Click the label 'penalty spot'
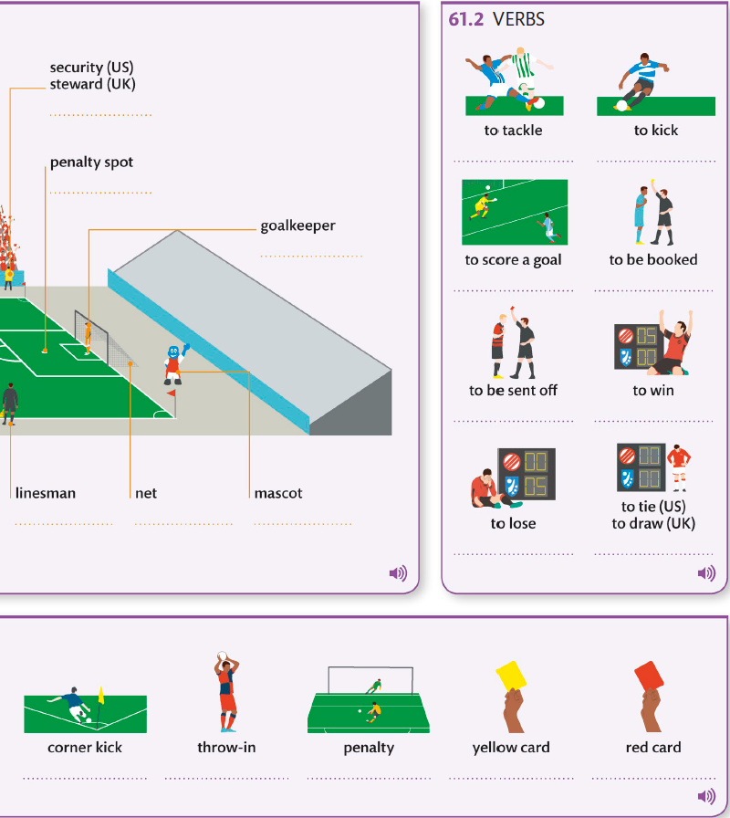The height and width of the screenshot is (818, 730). pos(91,163)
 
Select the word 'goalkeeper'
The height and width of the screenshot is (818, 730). pos(297,225)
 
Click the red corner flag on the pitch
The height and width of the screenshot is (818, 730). pos(171,393)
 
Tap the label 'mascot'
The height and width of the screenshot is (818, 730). pos(278,493)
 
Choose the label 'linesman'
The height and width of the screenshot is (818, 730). pos(46,493)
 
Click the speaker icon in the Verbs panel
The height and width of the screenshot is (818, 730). pos(706,573)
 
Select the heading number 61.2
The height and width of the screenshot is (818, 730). pos(466,19)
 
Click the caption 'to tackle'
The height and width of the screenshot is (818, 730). pos(513,131)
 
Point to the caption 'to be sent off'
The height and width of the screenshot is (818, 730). pos(513,391)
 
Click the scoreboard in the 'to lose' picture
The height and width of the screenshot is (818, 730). pos(525,474)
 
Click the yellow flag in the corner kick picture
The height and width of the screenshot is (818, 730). pos(101,697)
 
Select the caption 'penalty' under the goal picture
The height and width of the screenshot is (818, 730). pos(369,748)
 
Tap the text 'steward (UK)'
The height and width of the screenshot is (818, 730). pos(92,84)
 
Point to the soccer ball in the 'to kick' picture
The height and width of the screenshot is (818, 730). pos(621,106)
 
